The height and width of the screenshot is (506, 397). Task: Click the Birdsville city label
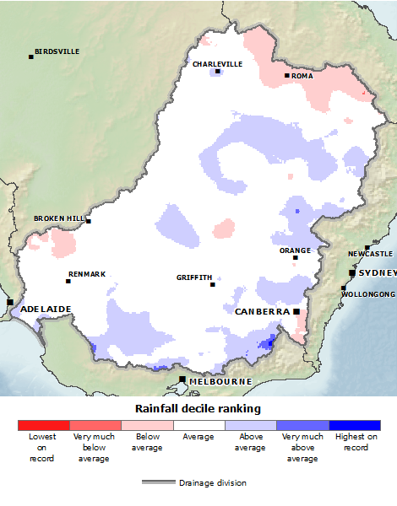[x=57, y=51]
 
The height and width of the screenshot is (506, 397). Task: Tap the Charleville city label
[x=217, y=64]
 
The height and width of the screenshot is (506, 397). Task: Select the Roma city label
[x=302, y=76]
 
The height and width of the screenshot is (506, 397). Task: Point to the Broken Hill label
[x=59, y=218]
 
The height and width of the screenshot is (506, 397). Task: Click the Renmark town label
[x=87, y=274]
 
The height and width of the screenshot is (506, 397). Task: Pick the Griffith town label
[x=194, y=277]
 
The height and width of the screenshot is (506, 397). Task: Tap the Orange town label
[x=295, y=250]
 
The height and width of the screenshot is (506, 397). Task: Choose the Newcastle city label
[x=370, y=254]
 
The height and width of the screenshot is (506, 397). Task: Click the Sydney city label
[x=377, y=273]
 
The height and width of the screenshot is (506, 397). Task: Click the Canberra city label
[x=263, y=311]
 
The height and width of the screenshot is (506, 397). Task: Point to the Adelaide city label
[x=46, y=309]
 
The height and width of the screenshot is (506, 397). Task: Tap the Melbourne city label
[x=220, y=381]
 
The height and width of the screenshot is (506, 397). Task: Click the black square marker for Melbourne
[x=182, y=380]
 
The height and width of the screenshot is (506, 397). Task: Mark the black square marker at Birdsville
[x=31, y=57]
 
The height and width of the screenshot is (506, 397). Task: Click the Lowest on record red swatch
[x=43, y=426]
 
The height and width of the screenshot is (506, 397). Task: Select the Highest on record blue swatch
[x=355, y=426]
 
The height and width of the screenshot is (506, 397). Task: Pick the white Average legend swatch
[x=198, y=426]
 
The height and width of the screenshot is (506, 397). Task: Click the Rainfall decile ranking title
[x=198, y=408]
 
